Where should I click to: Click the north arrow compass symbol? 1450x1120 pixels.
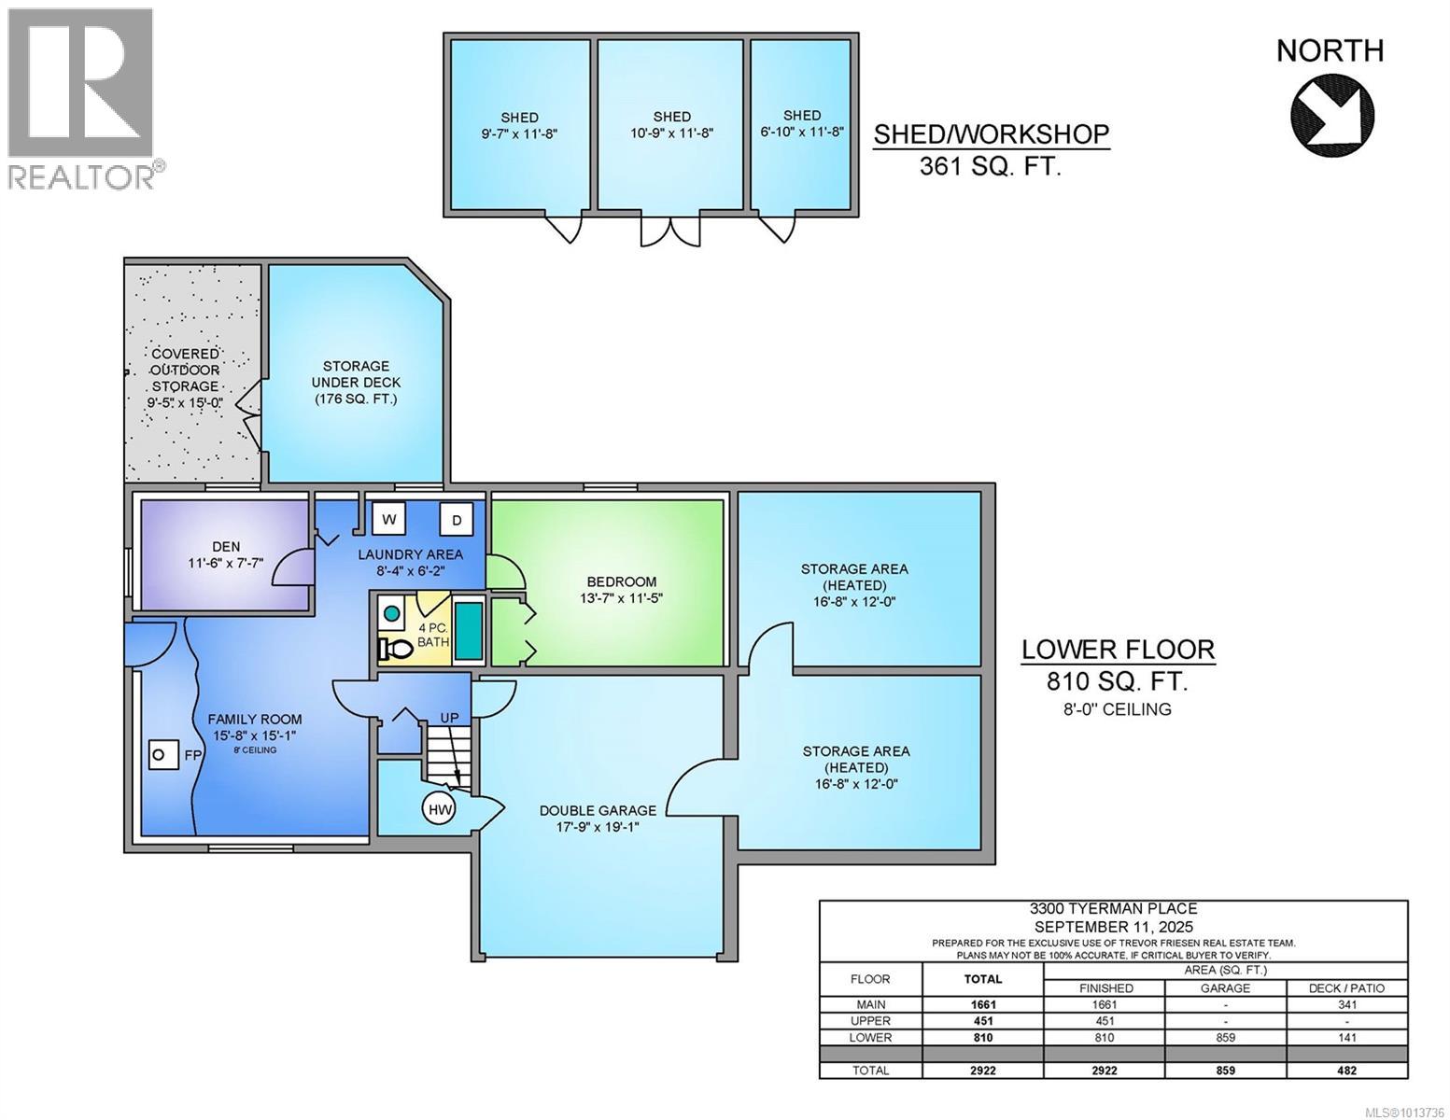1331,115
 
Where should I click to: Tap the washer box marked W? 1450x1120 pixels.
388,519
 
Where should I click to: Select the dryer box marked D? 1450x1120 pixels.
457,520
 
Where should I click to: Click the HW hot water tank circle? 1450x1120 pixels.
440,810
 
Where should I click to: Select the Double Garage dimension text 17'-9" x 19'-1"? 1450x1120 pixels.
598,827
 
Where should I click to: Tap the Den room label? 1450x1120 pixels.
226,546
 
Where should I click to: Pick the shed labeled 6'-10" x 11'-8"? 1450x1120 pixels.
802,123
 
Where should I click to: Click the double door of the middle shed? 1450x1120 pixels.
669,231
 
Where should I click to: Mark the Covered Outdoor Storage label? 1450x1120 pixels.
186,370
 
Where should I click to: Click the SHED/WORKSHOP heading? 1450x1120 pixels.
991,134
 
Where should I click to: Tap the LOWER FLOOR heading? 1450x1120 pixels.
1118,650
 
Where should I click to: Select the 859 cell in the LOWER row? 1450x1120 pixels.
1225,1037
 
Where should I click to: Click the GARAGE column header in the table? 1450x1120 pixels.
1225,987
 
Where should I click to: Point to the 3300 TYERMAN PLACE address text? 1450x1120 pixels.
1113,908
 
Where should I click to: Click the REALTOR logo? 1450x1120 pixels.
82,98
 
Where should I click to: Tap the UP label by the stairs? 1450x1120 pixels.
450,718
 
